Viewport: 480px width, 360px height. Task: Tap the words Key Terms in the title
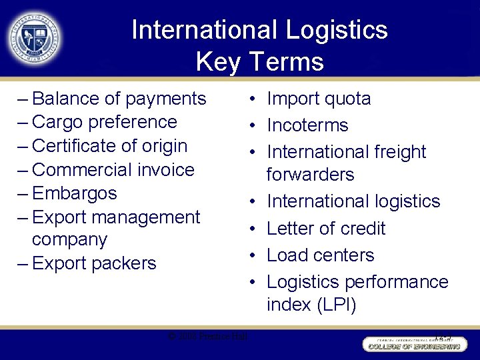point(259,62)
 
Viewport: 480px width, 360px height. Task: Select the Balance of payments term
point(119,99)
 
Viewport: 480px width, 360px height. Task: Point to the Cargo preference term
point(104,122)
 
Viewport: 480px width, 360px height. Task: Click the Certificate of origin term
point(109,146)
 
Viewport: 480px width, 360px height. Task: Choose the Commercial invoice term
point(113,170)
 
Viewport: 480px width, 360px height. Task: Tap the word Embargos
point(74,193)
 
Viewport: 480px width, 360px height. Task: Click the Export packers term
point(93,263)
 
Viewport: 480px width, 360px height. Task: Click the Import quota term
point(319,99)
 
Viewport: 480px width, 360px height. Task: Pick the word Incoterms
point(307,125)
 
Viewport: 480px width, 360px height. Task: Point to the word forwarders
point(310,175)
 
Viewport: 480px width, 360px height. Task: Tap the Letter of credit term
point(326,228)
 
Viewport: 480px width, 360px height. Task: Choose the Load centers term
point(320,255)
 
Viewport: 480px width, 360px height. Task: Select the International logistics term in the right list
point(353,201)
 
